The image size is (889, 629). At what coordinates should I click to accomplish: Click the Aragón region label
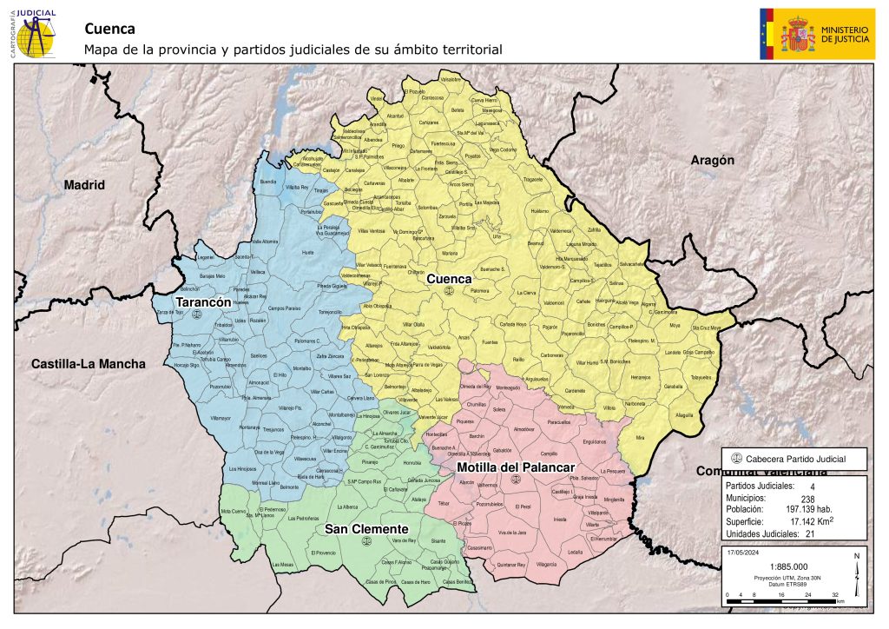click(x=712, y=160)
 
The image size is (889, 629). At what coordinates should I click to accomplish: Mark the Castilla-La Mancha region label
click(x=88, y=363)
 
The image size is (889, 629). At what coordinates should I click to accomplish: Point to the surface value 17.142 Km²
click(x=810, y=521)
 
